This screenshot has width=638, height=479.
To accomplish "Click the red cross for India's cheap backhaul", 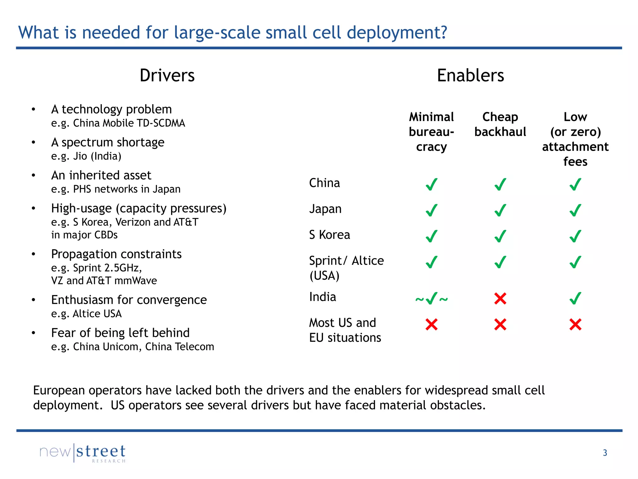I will click(x=500, y=299).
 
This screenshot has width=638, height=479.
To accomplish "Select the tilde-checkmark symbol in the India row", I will click(x=431, y=299).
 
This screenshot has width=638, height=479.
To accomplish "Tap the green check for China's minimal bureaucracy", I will click(x=431, y=184).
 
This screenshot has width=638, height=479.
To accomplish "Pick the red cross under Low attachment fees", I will click(x=575, y=325).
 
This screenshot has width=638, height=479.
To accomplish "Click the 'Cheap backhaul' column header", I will click(x=500, y=124).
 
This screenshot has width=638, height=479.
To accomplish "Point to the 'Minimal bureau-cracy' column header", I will click(x=431, y=132).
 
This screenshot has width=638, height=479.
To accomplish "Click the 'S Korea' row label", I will click(x=329, y=235).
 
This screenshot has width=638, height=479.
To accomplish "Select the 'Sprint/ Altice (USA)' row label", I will click(x=346, y=268).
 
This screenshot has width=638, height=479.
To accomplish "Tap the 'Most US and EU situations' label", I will click(x=345, y=330).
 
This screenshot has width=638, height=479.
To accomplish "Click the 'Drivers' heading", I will click(x=167, y=76).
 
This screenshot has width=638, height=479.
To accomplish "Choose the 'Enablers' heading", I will click(x=470, y=76).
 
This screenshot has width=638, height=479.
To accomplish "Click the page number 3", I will click(x=605, y=452).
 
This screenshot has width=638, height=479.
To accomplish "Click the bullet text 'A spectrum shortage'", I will click(x=108, y=143).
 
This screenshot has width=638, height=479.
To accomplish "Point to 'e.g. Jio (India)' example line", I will click(x=86, y=156).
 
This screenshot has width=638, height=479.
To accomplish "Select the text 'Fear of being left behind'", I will click(x=120, y=333).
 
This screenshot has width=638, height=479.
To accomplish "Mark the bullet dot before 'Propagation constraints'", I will click(x=33, y=254).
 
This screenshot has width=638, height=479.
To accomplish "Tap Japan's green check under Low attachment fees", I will click(x=575, y=210).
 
